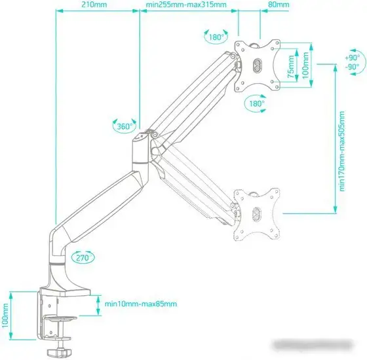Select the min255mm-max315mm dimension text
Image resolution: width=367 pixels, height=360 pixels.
coord(186,5)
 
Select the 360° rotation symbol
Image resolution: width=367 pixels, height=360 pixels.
coord(123,126)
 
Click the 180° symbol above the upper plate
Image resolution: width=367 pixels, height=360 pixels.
coord(218,38)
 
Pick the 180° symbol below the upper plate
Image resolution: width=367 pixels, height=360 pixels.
coord(256,103)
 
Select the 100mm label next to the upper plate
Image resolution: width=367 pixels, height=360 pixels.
coord(305,64)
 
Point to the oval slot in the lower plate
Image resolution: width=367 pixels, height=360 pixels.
coord(256,213)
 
